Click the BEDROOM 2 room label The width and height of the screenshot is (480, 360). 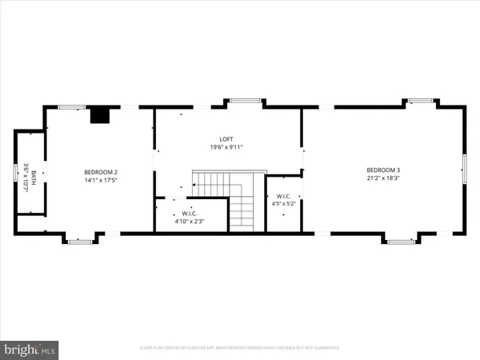click(102, 172)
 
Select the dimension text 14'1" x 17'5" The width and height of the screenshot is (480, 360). click(102, 180)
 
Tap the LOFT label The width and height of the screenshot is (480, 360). click(226, 139)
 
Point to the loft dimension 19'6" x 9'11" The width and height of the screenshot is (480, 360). click(226, 147)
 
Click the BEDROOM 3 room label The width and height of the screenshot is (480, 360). click(383, 170)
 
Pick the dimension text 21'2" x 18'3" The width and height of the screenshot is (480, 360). click(383, 178)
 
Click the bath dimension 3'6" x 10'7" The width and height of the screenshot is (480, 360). click(26, 176)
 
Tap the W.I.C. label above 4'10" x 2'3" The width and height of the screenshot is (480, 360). click(190, 213)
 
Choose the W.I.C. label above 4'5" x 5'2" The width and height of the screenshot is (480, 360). click(283, 196)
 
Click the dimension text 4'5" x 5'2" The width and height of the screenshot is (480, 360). click(283, 204)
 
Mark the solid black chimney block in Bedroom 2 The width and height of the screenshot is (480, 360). click(99, 115)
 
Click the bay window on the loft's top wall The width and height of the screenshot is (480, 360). click(246, 101)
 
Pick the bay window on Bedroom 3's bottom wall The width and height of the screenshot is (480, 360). click(400, 239)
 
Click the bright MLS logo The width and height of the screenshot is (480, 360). click(30, 349)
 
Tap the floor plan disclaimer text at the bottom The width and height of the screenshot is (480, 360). click(240, 348)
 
